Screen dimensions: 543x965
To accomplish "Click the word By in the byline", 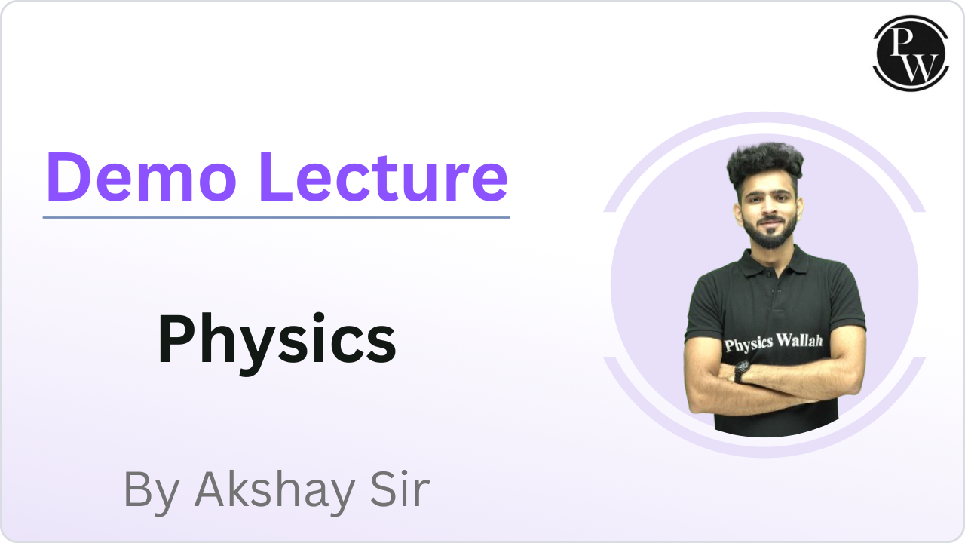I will point(151,490).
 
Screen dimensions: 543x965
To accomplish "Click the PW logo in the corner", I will point(910,54).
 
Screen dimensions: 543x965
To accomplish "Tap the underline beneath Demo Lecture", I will point(276,217).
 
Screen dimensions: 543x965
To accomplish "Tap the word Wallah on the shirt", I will point(799,342).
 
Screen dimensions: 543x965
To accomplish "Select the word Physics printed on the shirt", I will point(748,344).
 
